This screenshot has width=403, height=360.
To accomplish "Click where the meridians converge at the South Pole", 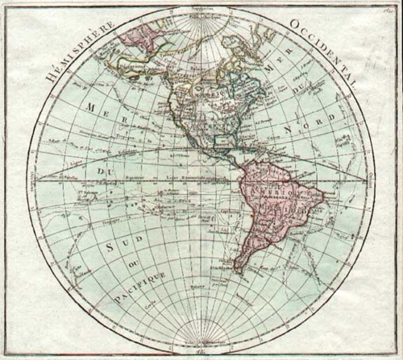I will tap(197, 338).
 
